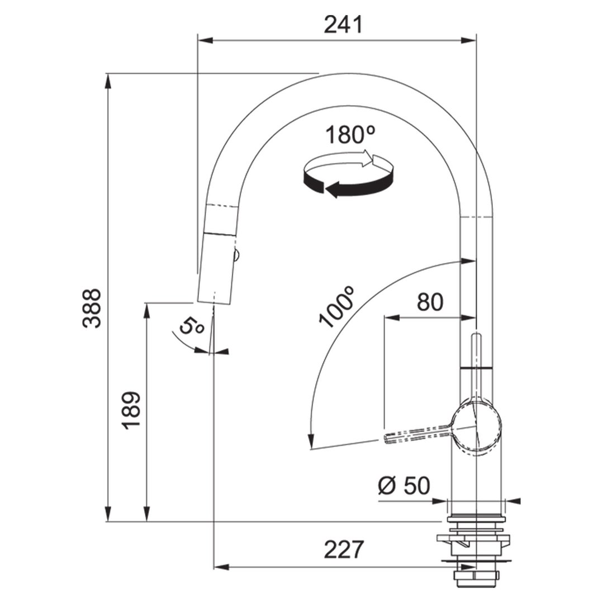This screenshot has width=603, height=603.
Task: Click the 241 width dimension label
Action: tap(343, 25)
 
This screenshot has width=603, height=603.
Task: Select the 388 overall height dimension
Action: tap(92, 308)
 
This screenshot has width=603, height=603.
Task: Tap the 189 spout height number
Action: tap(130, 410)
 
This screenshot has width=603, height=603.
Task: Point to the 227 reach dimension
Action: tap(344, 549)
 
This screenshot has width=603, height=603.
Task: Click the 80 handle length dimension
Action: tap(430, 302)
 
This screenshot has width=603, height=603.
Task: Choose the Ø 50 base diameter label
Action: tap(404, 485)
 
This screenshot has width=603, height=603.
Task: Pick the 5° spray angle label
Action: tap(192, 326)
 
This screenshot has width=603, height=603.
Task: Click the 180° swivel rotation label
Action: tap(350, 135)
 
